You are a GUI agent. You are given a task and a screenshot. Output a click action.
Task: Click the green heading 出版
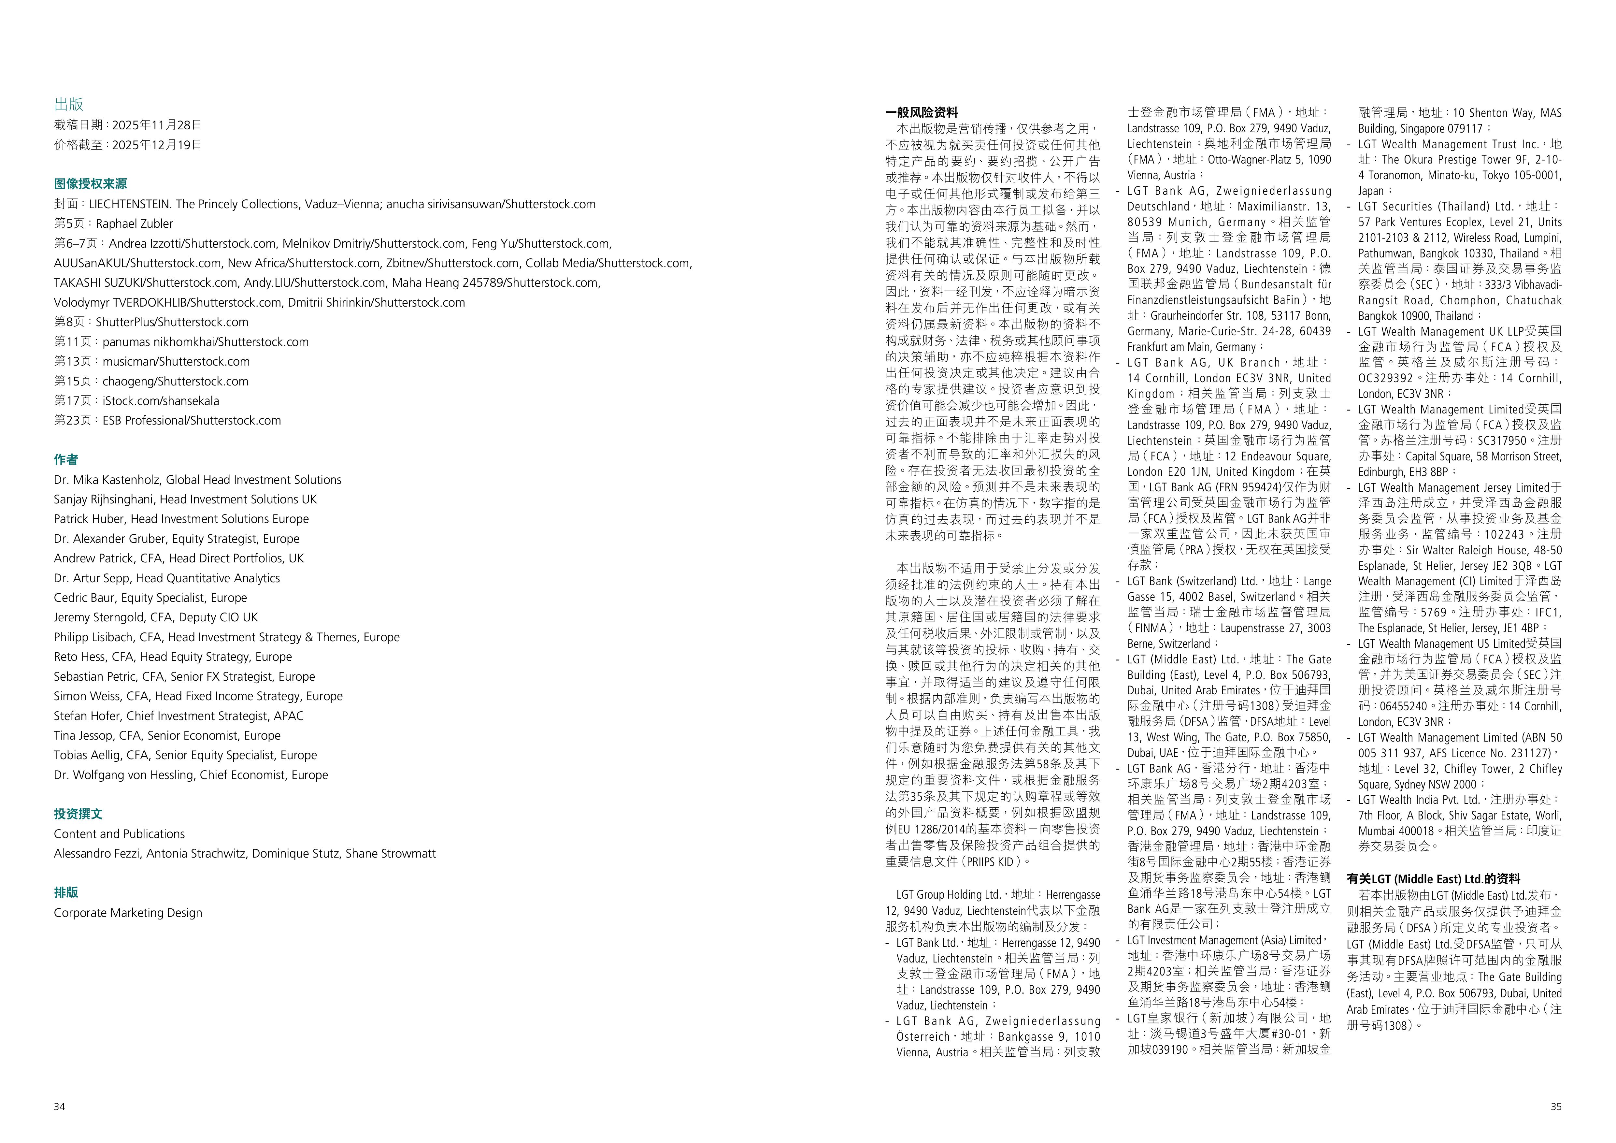coord(69,104)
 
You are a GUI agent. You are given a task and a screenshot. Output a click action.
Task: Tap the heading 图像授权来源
coord(90,184)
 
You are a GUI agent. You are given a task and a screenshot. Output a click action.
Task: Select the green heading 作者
coord(66,460)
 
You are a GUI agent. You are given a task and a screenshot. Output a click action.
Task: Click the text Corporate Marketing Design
coord(128,913)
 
